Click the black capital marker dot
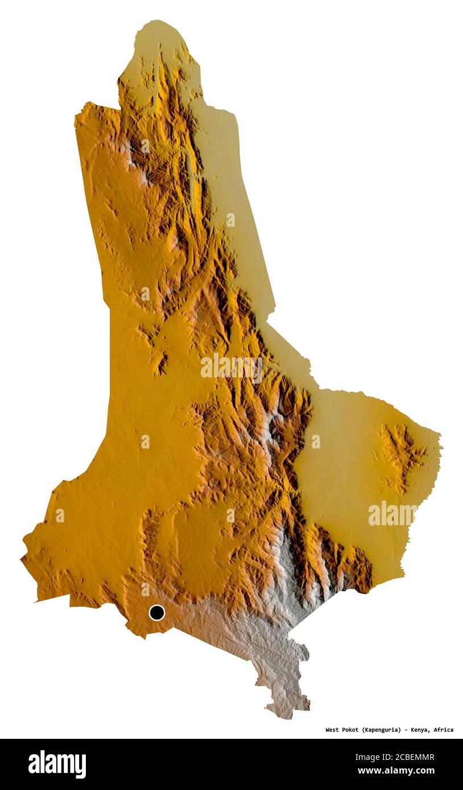pos(156,613)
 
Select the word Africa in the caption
pos(443,730)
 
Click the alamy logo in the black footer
pos(57,764)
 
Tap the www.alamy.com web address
pos(395,771)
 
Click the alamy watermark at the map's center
pos(231,367)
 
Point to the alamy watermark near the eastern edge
pos(392,514)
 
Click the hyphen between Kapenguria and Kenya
pos(405,730)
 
